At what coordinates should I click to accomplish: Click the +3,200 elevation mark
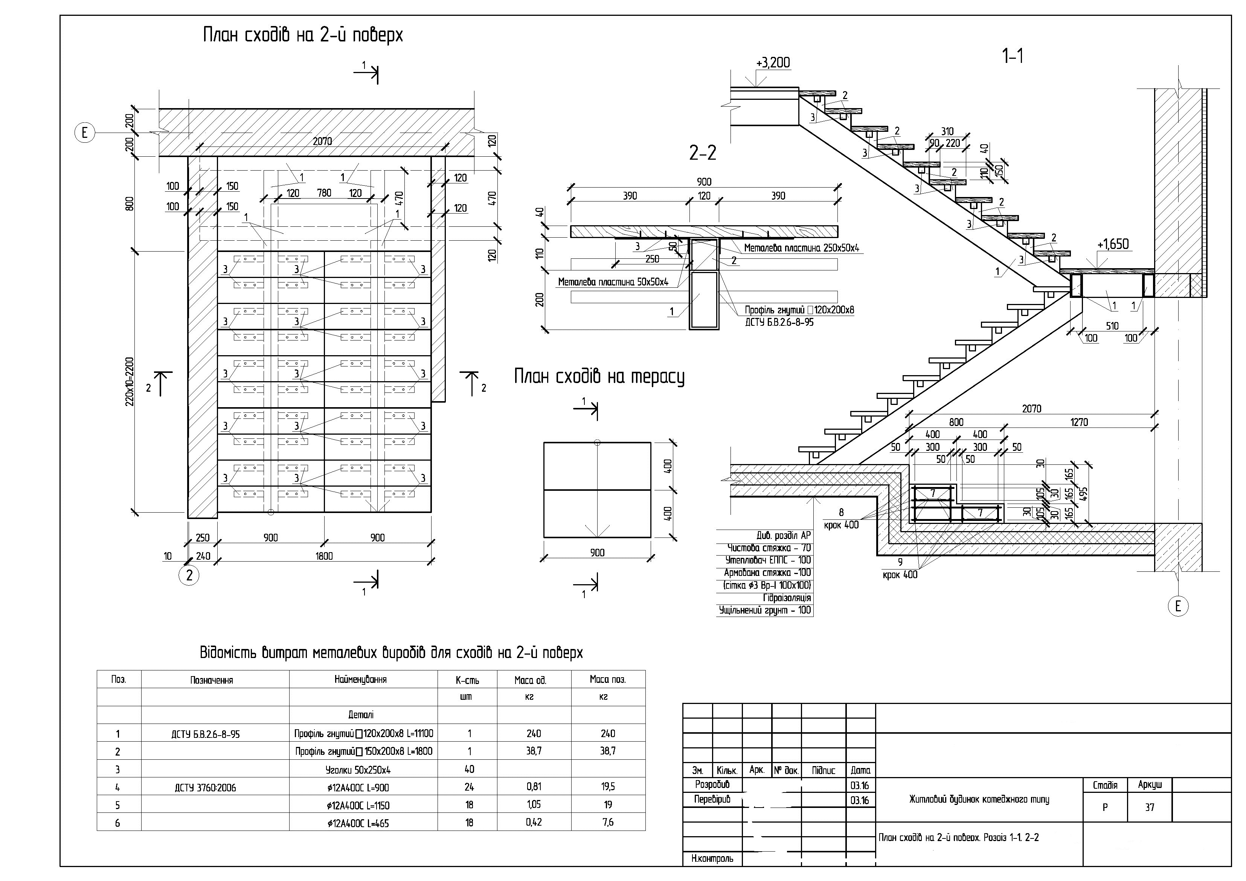tap(773, 63)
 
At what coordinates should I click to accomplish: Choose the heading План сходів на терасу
tap(599, 377)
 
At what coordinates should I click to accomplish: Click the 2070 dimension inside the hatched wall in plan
tap(322, 142)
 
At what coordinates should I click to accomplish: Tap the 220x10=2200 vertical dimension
tap(130, 382)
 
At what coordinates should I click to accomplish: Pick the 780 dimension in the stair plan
tap(324, 193)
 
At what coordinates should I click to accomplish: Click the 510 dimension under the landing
tap(1112, 326)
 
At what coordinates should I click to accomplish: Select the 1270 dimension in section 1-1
tap(1079, 422)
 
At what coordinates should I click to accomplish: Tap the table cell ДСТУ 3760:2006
tap(205, 788)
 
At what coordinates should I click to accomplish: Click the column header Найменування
tap(360, 679)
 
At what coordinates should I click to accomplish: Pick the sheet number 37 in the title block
tap(1149, 808)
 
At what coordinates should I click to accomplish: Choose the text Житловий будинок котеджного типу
tap(979, 800)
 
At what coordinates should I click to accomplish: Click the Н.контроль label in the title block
tap(712, 858)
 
